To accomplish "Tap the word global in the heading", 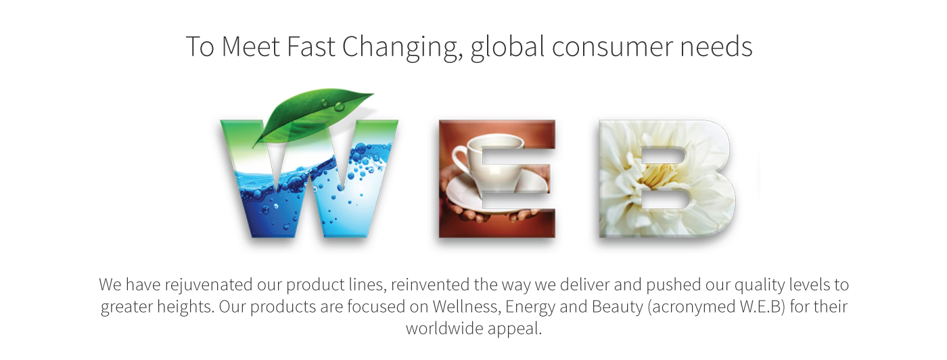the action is click(x=507, y=48).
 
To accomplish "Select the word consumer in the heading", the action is click(x=612, y=48).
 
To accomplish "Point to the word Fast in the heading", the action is click(x=312, y=47).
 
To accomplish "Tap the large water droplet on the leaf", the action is click(x=339, y=106).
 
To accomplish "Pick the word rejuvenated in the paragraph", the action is click(x=208, y=285).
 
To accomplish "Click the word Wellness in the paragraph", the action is click(x=465, y=307).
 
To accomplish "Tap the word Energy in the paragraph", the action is click(x=530, y=307).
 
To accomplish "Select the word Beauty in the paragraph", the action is click(x=617, y=307).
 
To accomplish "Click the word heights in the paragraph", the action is click(x=185, y=307).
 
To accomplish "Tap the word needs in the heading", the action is click(x=716, y=48).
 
